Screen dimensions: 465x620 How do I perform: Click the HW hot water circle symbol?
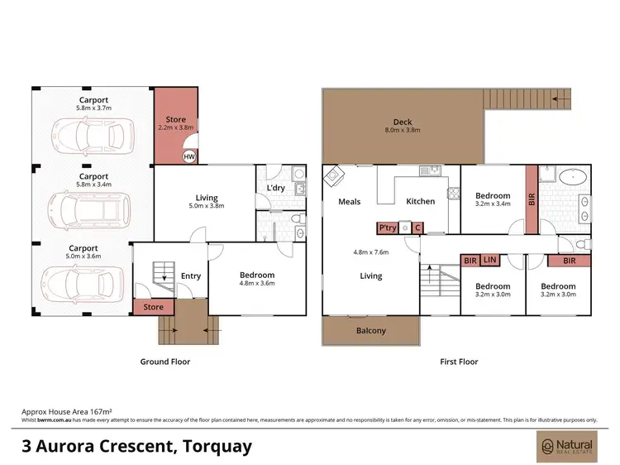click(189, 156)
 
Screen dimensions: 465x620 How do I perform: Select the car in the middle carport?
click(91, 205)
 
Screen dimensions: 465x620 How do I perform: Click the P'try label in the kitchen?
click(387, 228)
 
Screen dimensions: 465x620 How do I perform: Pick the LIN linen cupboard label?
click(489, 261)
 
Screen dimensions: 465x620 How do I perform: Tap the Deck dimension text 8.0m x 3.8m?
click(403, 131)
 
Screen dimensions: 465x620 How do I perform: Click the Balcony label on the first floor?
click(370, 331)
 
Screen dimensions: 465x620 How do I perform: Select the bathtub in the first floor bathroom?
click(569, 176)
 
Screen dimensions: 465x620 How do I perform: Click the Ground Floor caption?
click(165, 362)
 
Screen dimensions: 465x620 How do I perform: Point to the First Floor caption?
click(458, 362)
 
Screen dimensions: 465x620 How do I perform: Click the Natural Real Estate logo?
click(565, 447)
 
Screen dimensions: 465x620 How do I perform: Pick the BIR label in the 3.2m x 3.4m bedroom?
click(531, 199)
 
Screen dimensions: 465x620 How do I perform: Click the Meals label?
click(350, 202)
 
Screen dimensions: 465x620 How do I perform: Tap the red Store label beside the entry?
click(154, 308)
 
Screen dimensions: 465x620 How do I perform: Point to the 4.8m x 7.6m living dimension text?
click(370, 252)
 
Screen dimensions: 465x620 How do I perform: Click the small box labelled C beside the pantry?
click(417, 228)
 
